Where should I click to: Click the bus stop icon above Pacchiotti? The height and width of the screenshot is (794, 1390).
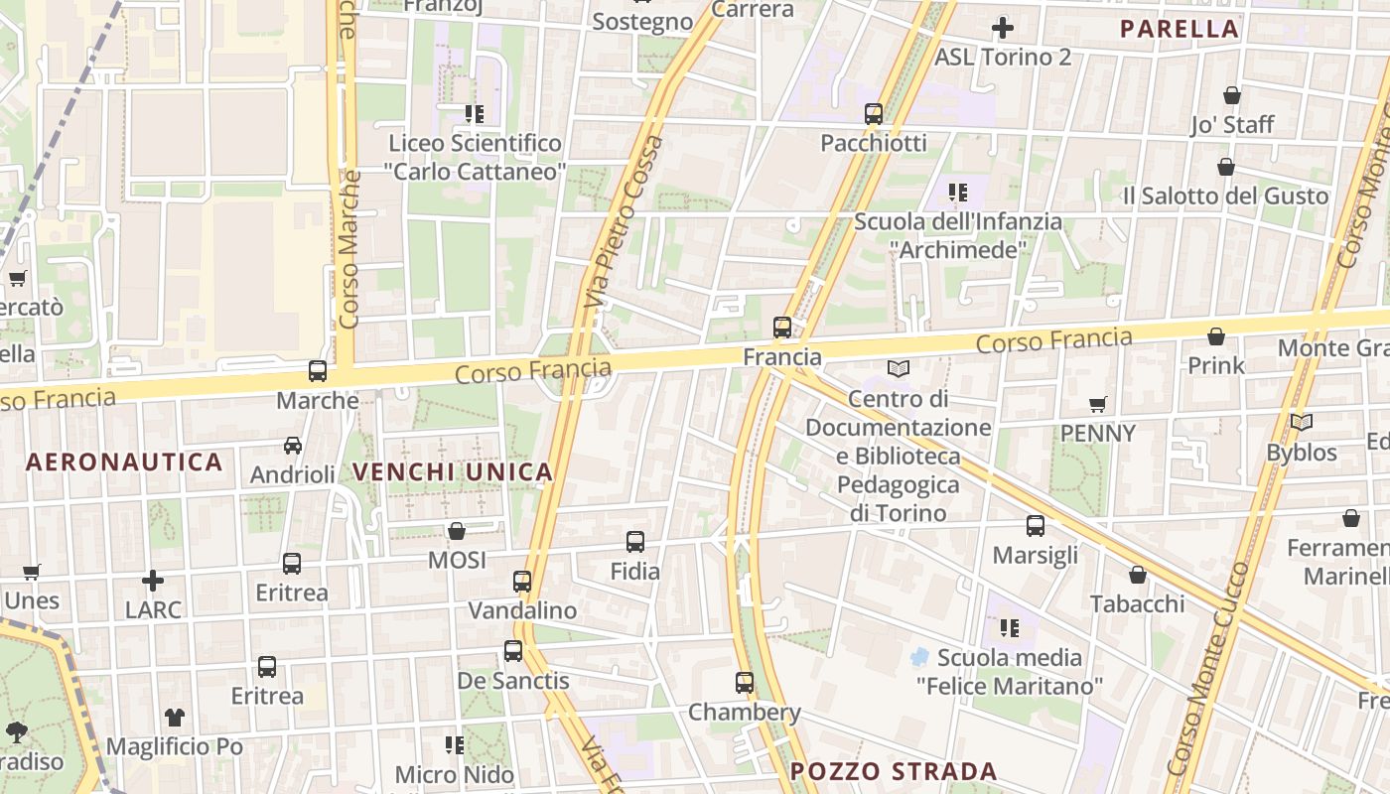[874, 114]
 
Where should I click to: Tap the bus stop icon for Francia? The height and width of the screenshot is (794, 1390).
[782, 328]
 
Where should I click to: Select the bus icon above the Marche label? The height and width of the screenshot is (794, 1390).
[318, 371]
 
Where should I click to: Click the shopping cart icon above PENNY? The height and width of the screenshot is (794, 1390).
[1097, 404]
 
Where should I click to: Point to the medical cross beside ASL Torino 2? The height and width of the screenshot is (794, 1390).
[1003, 28]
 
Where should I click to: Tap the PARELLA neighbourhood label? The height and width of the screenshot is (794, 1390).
[1180, 29]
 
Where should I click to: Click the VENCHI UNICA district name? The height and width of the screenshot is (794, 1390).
[453, 472]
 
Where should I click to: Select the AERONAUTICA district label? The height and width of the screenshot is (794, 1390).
[124, 462]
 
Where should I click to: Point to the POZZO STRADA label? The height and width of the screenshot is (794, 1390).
[894, 771]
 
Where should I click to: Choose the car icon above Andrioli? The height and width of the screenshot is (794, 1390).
[293, 446]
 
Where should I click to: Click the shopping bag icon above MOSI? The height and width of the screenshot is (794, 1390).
[457, 531]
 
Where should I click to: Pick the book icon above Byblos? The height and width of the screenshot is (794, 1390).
[1302, 423]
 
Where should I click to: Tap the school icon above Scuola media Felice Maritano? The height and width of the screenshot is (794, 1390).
[1010, 627]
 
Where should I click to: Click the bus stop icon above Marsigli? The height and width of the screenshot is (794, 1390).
[1036, 526]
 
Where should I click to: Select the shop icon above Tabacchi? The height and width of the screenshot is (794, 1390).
[1138, 575]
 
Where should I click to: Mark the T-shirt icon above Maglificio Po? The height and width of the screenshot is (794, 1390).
[175, 717]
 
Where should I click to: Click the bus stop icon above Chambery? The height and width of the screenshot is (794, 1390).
[745, 683]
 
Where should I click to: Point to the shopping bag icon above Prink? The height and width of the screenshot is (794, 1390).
[1216, 336]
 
